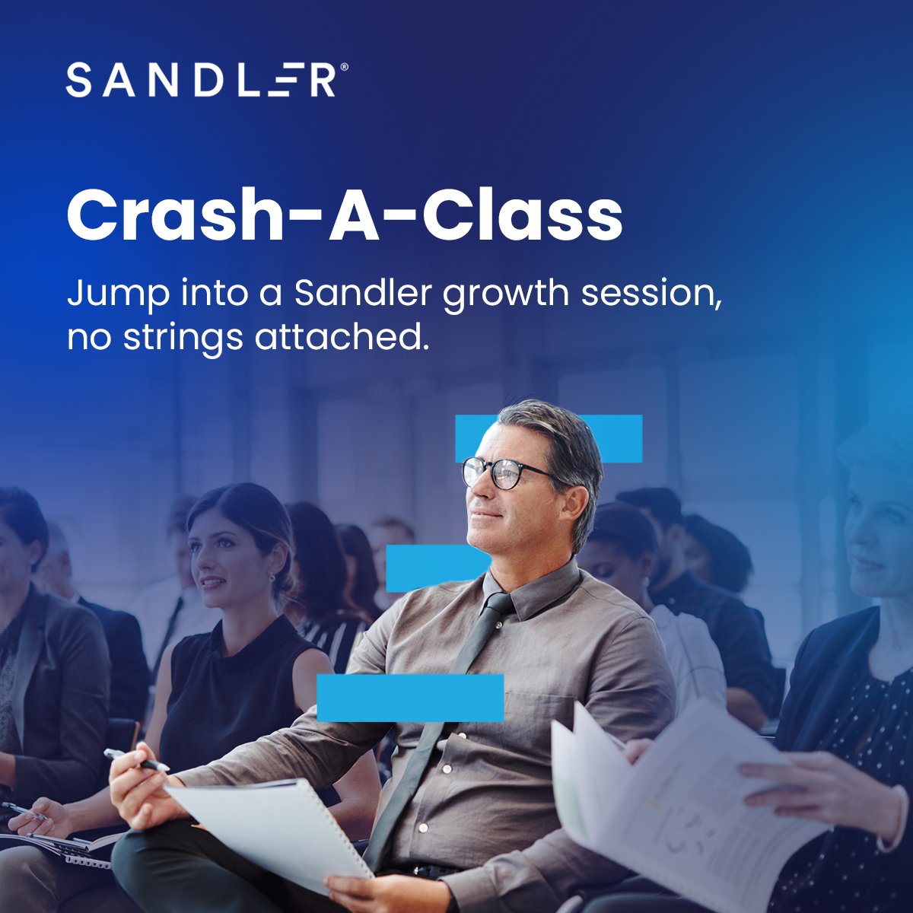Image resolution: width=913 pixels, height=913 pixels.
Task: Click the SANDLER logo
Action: tap(201, 81)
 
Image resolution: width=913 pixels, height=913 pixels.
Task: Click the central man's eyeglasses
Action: tap(498, 472)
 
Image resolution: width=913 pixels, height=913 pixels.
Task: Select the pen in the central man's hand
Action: tap(137, 760)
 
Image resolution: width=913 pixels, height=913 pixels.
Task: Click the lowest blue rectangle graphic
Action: tap(410, 698)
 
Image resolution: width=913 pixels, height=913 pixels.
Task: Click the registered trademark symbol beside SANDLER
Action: tap(345, 68)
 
